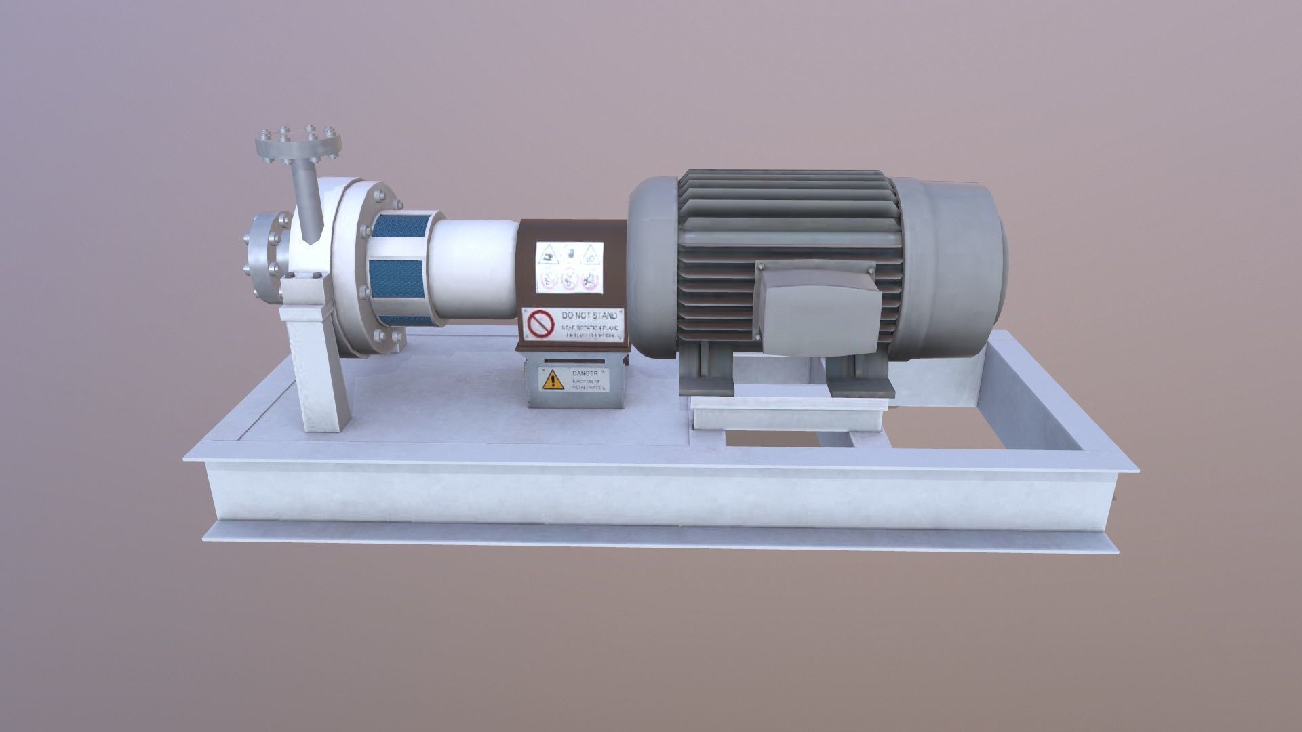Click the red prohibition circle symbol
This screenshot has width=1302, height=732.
click(x=541, y=323)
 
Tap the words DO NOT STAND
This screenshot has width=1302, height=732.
click(x=589, y=317)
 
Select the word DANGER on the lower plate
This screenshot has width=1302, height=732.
click(x=585, y=373)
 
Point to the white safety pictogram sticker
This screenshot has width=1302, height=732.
click(x=569, y=267)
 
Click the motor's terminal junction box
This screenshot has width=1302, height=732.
click(x=819, y=310)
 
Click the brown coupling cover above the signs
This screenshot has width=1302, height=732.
click(x=573, y=230)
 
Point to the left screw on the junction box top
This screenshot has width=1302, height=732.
click(x=762, y=267)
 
